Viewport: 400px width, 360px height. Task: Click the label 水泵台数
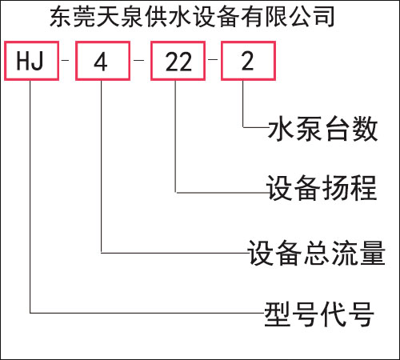click(322, 129)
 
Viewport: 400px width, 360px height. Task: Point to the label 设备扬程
click(322, 188)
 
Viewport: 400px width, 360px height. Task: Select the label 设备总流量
click(317, 253)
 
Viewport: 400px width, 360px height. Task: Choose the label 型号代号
click(319, 314)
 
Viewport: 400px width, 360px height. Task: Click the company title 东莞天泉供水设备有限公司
click(192, 17)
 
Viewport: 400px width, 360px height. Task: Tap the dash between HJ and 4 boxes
click(65, 60)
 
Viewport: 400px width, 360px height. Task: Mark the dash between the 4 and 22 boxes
click(138, 60)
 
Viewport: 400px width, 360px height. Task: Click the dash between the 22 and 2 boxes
click(213, 59)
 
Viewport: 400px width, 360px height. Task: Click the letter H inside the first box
click(22, 61)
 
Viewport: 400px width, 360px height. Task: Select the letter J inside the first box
click(38, 61)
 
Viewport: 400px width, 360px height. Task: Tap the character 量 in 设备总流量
click(373, 253)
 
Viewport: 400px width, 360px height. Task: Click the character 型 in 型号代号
click(278, 314)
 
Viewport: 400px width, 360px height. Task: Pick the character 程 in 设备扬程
click(364, 188)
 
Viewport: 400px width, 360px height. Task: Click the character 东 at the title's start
click(61, 17)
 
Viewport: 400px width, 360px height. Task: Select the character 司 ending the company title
click(324, 17)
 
